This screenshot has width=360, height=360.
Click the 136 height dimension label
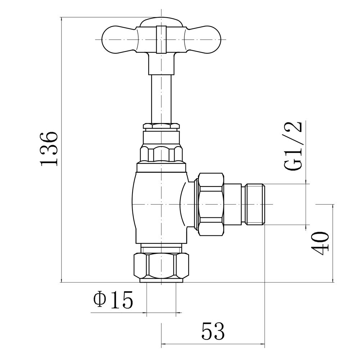click(x=49, y=149)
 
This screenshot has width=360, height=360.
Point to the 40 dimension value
click(x=320, y=243)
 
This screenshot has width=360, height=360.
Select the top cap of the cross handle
click(x=161, y=22)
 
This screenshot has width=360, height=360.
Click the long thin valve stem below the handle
click(x=161, y=97)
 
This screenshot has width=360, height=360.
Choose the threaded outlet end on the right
click(x=255, y=204)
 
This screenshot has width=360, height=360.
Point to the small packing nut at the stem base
click(x=161, y=126)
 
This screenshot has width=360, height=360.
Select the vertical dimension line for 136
click(x=62, y=149)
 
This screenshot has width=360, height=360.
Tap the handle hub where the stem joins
click(x=161, y=59)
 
